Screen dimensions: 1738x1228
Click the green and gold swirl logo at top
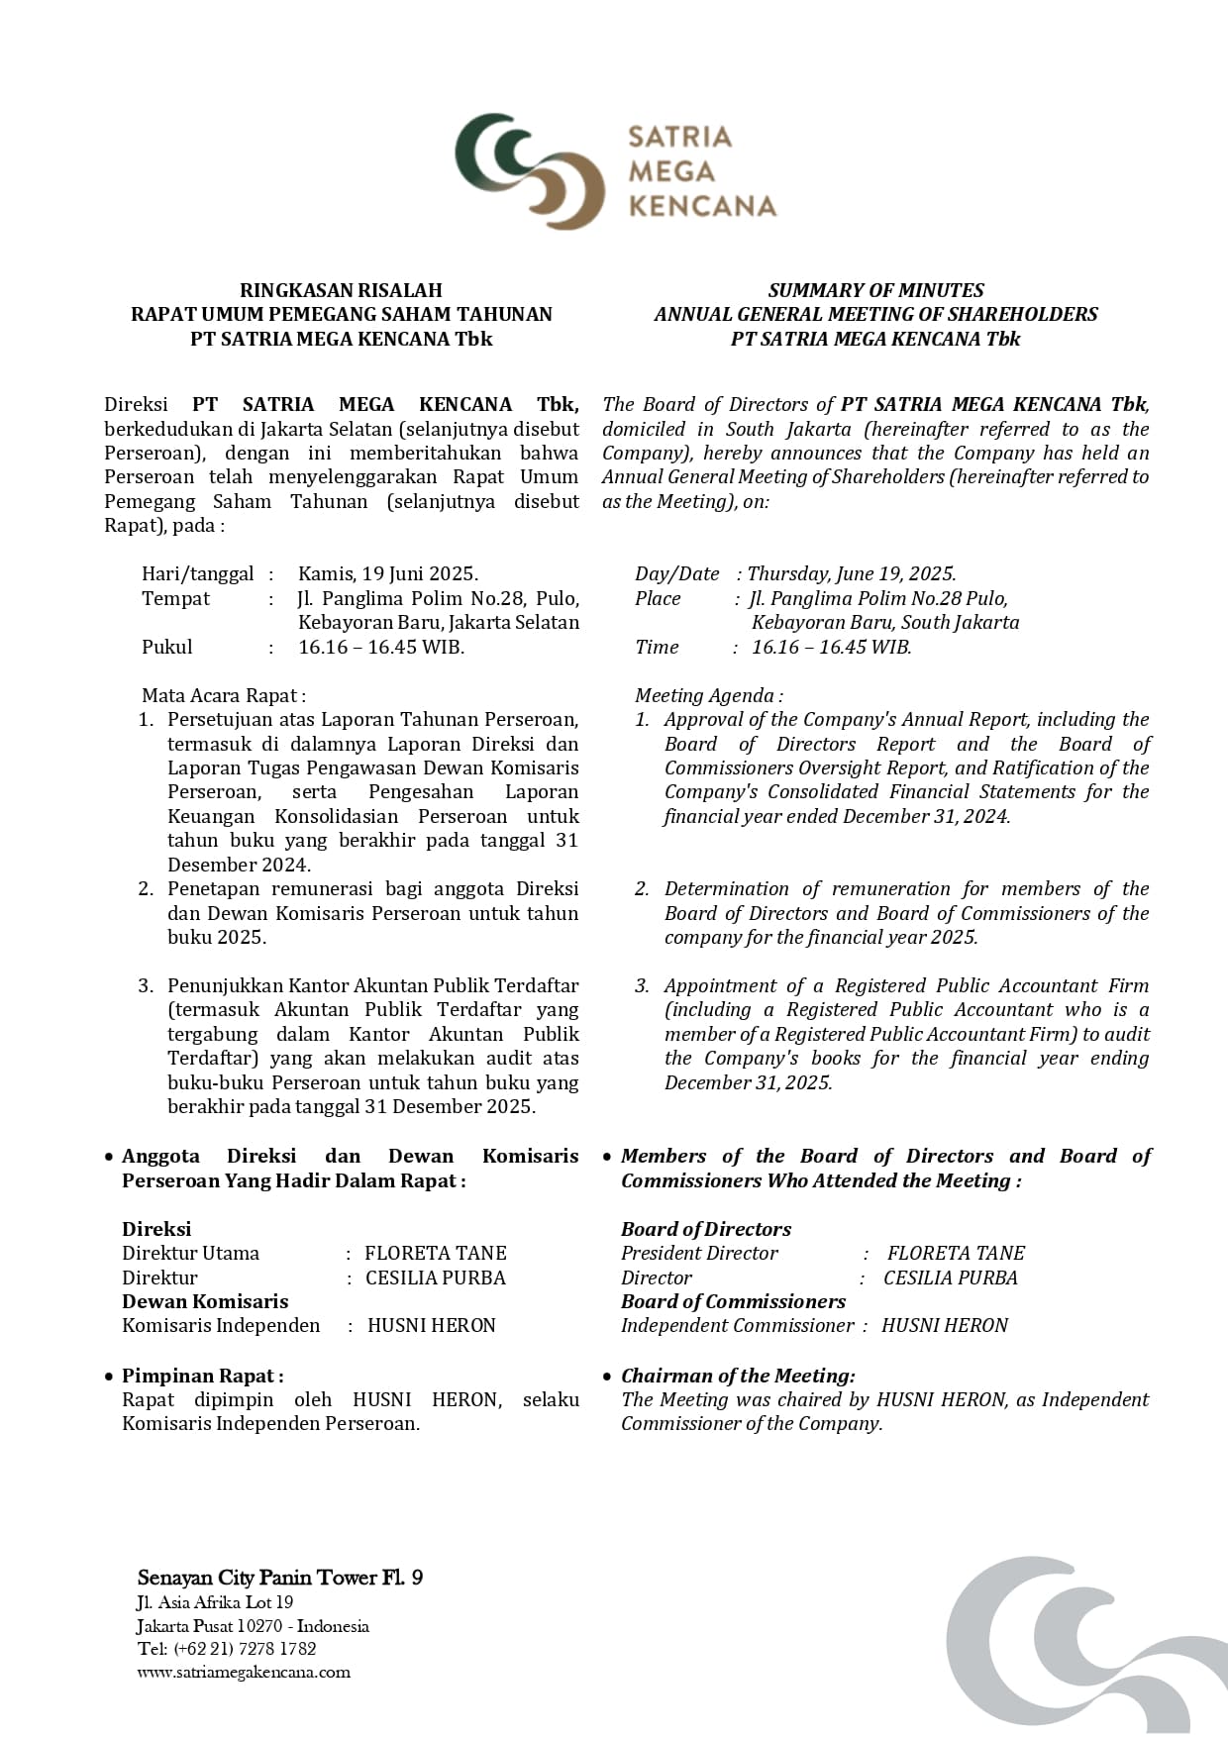tap(529, 170)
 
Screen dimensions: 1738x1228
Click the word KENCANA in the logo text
tap(702, 206)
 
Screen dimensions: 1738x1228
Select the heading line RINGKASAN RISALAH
tap(341, 290)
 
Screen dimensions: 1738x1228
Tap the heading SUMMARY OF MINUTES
tap(875, 290)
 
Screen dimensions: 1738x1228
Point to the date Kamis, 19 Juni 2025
tap(388, 574)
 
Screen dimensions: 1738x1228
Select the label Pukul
tap(167, 648)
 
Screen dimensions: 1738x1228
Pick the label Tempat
tap(176, 599)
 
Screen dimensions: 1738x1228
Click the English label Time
tap(657, 648)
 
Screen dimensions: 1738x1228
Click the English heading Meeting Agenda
tap(708, 696)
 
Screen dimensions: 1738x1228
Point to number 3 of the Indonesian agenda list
tap(146, 986)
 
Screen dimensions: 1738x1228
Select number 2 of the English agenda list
tap(642, 889)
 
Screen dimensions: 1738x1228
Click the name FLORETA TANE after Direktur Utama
tap(436, 1254)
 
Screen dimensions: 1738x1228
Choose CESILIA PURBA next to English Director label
tap(950, 1278)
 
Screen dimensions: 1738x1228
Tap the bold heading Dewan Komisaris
tap(205, 1302)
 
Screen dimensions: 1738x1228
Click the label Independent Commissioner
tap(737, 1326)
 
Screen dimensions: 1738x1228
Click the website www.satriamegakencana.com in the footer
tap(244, 1673)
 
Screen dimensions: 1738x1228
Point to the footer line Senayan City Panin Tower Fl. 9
tap(280, 1578)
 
